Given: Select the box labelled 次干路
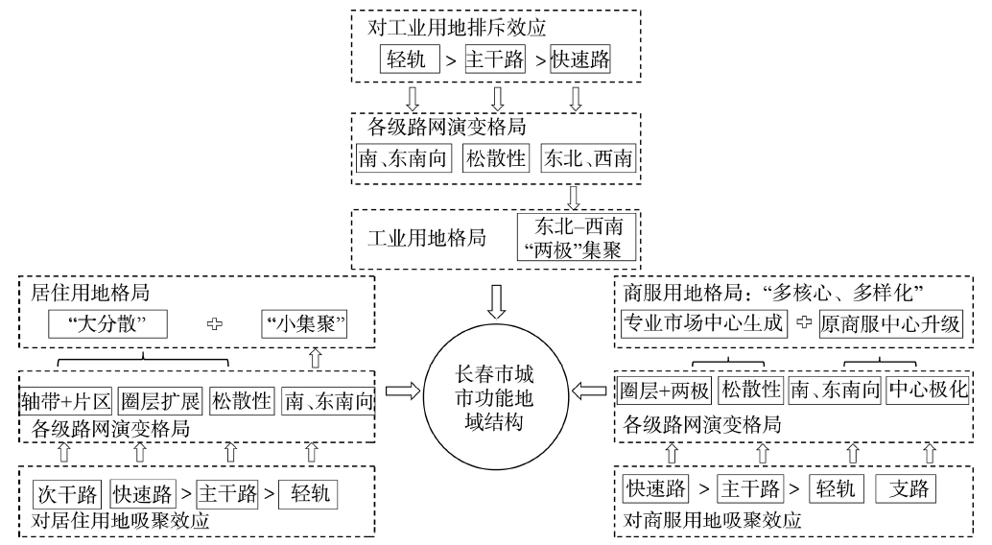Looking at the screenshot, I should point(67,495).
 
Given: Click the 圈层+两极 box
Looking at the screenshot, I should point(663,391).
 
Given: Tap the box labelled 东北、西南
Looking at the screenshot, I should point(587,159).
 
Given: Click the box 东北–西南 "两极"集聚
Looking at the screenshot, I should point(576,236).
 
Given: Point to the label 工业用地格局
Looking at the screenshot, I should point(416,236).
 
